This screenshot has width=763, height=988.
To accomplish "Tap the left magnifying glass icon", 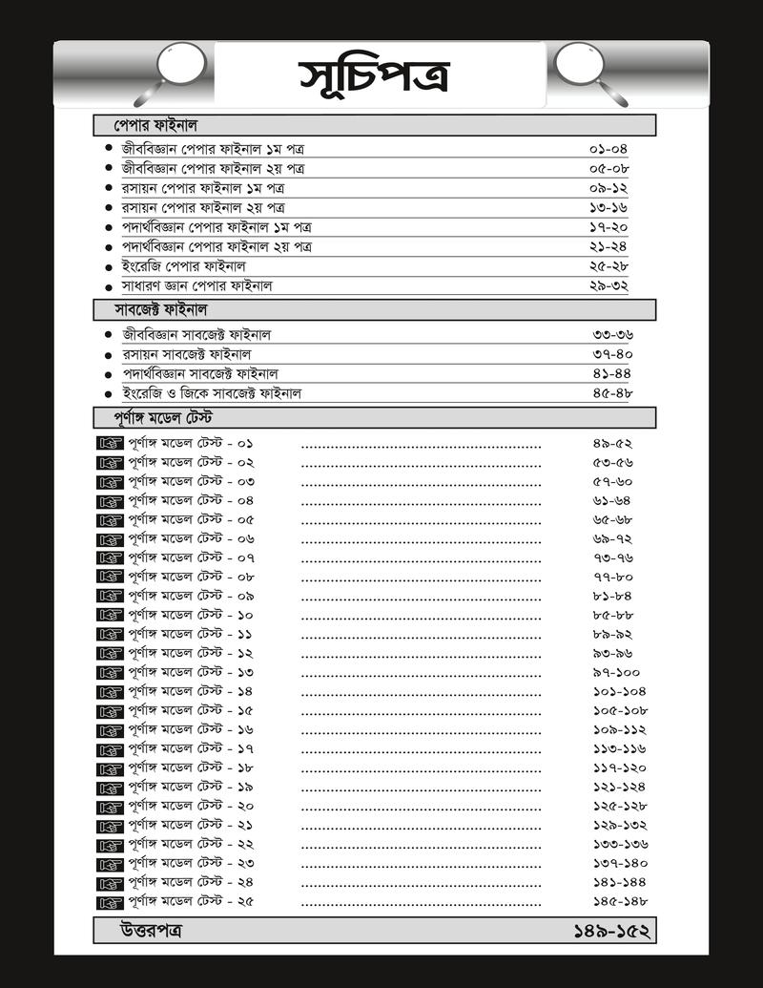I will pos(176,69).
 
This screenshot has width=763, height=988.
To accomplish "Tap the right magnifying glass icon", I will pos(585,69).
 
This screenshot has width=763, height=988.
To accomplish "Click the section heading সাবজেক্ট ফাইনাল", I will pos(162,310).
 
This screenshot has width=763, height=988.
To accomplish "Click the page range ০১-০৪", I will pos(608,149).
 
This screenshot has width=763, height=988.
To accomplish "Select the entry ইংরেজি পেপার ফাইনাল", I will pos(184,265).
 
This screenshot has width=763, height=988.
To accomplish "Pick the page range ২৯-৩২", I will pos(608,285).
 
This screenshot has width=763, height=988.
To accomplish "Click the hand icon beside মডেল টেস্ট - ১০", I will pos(111,615).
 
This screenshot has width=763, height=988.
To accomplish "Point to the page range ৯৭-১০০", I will pos(616,672).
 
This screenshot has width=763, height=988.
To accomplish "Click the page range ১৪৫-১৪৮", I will pos(619,901).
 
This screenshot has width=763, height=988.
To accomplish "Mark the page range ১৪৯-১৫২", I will pos(610,930).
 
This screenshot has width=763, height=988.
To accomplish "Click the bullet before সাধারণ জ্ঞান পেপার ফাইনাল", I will pos(109,285).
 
